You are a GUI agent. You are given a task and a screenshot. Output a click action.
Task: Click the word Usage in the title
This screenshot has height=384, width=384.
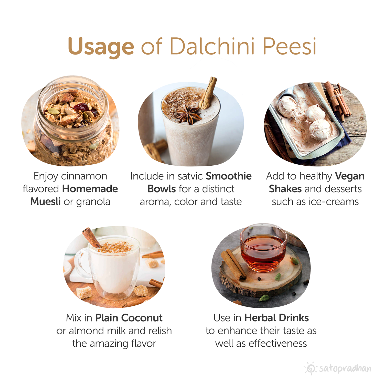(101, 47)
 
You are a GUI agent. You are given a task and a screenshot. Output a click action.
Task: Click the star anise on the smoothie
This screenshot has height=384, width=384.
(189, 114)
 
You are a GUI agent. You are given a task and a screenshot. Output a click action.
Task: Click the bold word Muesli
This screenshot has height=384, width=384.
(45, 202)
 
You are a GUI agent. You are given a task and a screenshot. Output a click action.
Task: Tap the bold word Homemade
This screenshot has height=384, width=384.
(90, 189)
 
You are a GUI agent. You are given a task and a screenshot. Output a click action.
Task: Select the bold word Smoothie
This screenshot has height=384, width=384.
(229, 176)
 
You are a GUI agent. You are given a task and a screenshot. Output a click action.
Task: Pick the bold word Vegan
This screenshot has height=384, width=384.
(350, 176)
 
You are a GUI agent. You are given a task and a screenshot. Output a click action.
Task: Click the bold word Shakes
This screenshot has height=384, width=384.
(285, 189)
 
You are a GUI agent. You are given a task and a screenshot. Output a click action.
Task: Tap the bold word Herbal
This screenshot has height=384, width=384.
(260, 318)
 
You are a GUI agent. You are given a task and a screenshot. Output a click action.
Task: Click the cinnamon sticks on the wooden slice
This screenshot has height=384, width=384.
(233, 265)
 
